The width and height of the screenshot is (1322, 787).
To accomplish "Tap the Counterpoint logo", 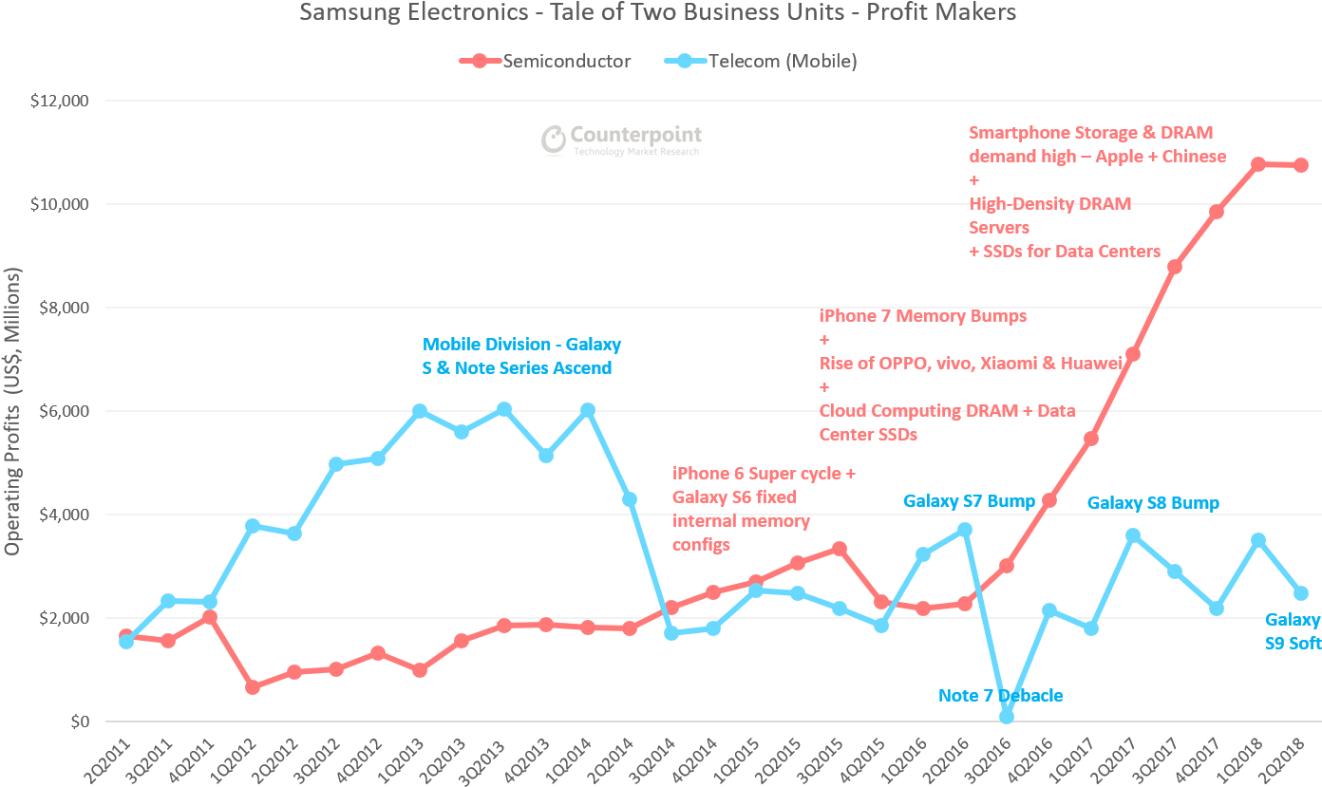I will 622,141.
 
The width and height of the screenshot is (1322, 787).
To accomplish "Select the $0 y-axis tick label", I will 81,721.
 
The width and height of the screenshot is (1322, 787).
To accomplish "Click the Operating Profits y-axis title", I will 12,411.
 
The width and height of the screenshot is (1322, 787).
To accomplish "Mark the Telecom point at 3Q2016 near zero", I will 1007,717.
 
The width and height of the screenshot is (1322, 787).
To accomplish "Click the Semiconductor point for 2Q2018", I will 1300,165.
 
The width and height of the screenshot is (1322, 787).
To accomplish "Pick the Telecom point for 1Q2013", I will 420,411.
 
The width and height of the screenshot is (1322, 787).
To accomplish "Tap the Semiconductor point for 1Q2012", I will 252,687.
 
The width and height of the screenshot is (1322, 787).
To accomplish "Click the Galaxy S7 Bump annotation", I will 969,500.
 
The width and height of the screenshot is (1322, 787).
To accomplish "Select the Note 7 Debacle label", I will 1000,696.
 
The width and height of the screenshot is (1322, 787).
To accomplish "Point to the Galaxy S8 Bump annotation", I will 1153,502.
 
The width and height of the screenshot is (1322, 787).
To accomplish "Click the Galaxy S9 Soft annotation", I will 1293,631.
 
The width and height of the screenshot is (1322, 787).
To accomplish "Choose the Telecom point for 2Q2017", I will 1132,535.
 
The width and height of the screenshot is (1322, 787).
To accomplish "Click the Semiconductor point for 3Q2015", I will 839,549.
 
